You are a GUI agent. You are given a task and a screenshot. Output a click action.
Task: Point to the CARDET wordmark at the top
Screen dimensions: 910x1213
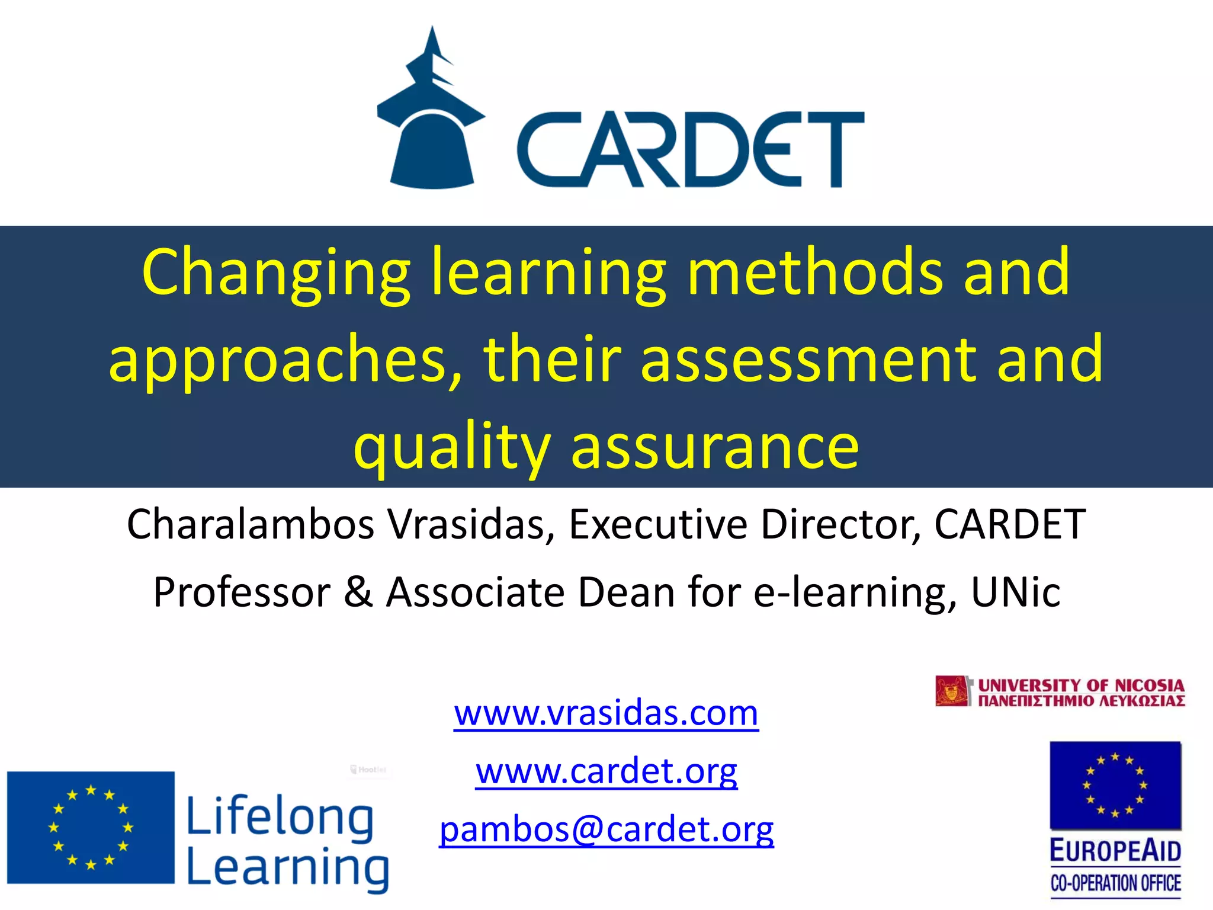click(690, 149)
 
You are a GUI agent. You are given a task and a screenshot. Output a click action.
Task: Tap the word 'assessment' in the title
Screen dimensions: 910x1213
click(809, 359)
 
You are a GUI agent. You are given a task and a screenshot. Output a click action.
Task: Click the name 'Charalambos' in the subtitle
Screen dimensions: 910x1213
click(251, 524)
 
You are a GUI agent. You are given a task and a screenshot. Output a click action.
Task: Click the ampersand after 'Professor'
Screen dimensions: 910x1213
click(358, 592)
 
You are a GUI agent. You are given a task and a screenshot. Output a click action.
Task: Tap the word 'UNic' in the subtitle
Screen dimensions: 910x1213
click(1015, 592)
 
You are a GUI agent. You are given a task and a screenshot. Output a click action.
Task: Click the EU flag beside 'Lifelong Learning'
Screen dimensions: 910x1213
click(91, 827)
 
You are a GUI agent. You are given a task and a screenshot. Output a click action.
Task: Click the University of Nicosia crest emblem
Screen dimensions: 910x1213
click(953, 691)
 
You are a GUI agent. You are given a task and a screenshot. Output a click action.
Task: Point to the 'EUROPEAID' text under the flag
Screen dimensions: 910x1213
click(1115, 851)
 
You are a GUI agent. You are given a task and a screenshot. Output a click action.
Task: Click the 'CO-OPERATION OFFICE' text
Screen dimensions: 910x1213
click(1115, 883)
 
